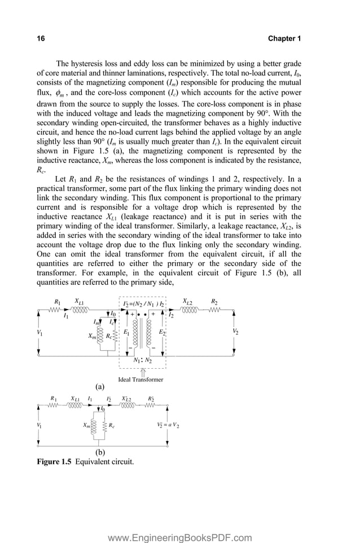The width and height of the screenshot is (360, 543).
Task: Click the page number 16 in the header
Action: point(41,38)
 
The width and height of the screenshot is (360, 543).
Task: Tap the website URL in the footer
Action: point(180,522)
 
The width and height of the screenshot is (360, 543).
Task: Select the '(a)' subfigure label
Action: point(100,387)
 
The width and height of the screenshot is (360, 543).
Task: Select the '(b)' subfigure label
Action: point(100,452)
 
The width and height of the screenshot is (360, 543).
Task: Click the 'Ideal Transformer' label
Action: point(141,379)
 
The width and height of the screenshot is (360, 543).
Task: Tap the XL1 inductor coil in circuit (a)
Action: point(80,310)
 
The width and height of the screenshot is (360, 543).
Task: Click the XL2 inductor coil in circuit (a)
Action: point(189,310)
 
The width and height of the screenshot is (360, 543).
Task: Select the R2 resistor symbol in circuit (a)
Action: point(214,310)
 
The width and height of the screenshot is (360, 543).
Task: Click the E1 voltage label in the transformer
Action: point(126,333)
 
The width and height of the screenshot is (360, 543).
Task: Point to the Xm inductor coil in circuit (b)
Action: point(94,426)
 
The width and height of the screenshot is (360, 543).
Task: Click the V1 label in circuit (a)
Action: point(39,333)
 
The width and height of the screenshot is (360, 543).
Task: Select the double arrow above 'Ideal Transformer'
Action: point(142,371)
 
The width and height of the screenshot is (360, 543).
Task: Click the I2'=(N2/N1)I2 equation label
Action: point(143,303)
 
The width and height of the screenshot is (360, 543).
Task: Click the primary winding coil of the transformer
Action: point(134,333)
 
